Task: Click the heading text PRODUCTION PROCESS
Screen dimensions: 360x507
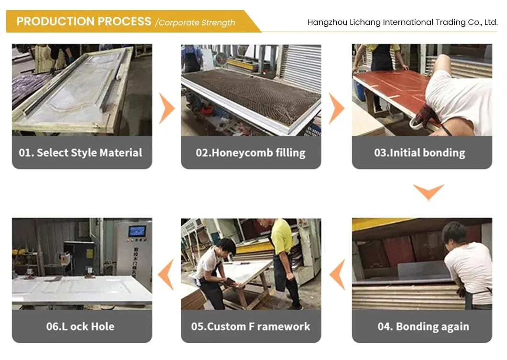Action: point(84,22)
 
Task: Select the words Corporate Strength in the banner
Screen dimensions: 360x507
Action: point(197,22)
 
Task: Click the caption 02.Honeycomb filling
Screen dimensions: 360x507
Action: point(251,153)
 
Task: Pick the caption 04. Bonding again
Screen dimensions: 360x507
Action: point(423,326)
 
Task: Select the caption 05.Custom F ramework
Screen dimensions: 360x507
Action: point(251,326)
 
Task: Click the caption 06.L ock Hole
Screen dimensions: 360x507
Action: point(80,326)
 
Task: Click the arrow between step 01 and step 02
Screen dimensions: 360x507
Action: point(166,108)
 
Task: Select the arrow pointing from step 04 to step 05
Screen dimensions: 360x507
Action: point(338,275)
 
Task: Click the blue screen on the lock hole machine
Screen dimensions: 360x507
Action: point(137,231)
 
